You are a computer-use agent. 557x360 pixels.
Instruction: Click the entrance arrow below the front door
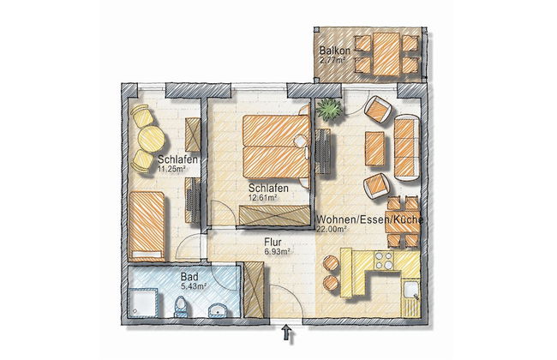pyautogui.click(x=287, y=333)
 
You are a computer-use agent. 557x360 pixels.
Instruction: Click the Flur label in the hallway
pyautogui.click(x=273, y=243)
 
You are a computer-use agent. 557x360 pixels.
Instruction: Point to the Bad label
pyautogui.click(x=189, y=277)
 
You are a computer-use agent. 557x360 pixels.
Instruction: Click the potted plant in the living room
pyautogui.click(x=330, y=109)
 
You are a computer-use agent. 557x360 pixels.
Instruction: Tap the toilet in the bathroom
pyautogui.click(x=181, y=308)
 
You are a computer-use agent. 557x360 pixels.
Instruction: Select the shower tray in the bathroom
pyautogui.click(x=143, y=303)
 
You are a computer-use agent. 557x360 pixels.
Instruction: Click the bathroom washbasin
pyautogui.click(x=217, y=310)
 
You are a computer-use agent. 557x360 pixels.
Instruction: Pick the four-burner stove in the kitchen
pyautogui.click(x=384, y=261)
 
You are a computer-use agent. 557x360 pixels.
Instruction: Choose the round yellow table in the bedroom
pyautogui.click(x=152, y=139)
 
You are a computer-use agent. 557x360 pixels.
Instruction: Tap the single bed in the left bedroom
pyautogui.click(x=147, y=226)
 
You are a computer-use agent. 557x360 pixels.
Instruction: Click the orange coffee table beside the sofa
pyautogui.click(x=374, y=148)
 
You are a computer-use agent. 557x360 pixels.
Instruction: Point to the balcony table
pyautogui.click(x=386, y=54)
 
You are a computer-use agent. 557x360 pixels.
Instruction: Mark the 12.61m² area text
pyautogui.click(x=263, y=198)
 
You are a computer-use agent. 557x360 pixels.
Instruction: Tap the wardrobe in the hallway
pyautogui.click(x=254, y=290)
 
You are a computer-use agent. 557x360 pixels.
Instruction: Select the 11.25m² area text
pyautogui.click(x=171, y=169)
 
